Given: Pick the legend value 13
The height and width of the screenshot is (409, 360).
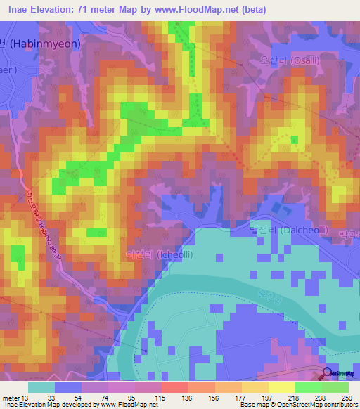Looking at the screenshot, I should point(29,397).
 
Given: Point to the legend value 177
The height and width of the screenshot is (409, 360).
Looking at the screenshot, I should point(241,397).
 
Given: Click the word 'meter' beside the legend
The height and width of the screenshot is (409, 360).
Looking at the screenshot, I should point(11,397).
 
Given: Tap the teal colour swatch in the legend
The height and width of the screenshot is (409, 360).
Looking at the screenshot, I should point(41,387).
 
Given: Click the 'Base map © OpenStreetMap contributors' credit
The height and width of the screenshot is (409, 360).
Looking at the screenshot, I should point(299,405).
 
